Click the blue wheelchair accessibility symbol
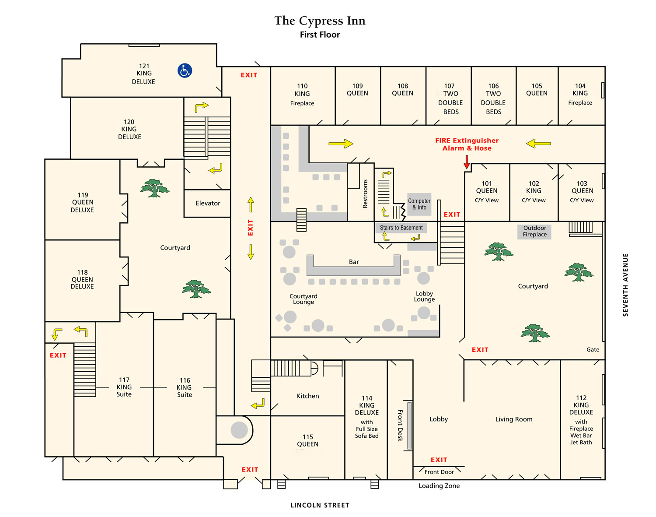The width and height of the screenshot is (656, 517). (185, 70)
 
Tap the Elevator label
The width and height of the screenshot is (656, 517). (208, 203)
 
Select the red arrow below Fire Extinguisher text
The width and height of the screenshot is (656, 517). (466, 162)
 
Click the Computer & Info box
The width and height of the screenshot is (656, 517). (419, 204)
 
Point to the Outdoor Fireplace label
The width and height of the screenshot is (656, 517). (534, 231)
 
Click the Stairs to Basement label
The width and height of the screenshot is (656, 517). (401, 228)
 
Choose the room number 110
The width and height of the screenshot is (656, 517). (302, 86)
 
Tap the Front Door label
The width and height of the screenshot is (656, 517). (439, 472)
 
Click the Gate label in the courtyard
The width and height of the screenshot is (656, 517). (593, 349)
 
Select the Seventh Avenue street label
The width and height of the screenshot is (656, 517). (625, 285)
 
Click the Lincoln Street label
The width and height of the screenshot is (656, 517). (320, 505)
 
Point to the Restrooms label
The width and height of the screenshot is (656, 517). (365, 194)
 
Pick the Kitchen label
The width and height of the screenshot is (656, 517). (307, 396)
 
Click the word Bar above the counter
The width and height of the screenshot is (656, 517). (354, 262)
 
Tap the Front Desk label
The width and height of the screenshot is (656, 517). (400, 426)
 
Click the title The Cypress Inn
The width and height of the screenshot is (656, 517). (320, 21)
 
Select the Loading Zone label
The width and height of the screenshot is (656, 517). (439, 485)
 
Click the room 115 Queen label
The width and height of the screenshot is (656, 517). (307, 440)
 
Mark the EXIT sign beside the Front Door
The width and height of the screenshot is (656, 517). (439, 460)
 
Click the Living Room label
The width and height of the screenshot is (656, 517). (513, 419)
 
